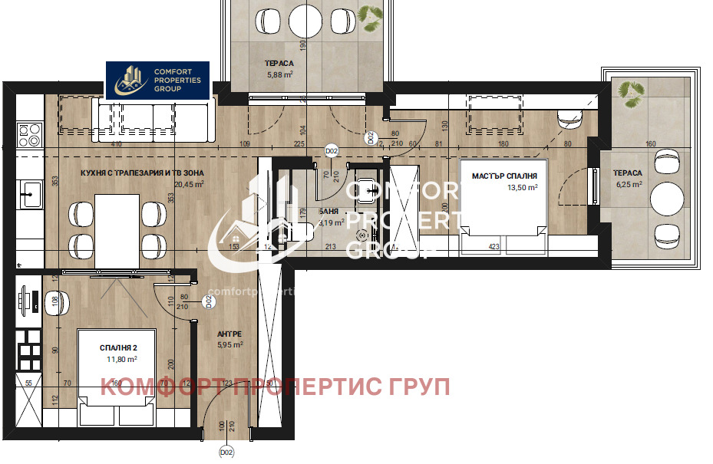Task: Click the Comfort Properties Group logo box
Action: click(x=157, y=80)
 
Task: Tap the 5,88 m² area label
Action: click(x=280, y=74)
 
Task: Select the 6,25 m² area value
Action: click(x=628, y=184)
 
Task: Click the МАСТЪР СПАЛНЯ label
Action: click(x=504, y=176)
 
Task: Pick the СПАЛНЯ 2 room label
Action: click(x=118, y=348)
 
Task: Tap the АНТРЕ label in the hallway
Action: click(x=229, y=334)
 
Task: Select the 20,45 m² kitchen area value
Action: click(x=187, y=184)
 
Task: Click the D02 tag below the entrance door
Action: click(x=226, y=452)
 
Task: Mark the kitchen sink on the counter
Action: click(x=31, y=193)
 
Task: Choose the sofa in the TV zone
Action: click(x=153, y=120)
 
